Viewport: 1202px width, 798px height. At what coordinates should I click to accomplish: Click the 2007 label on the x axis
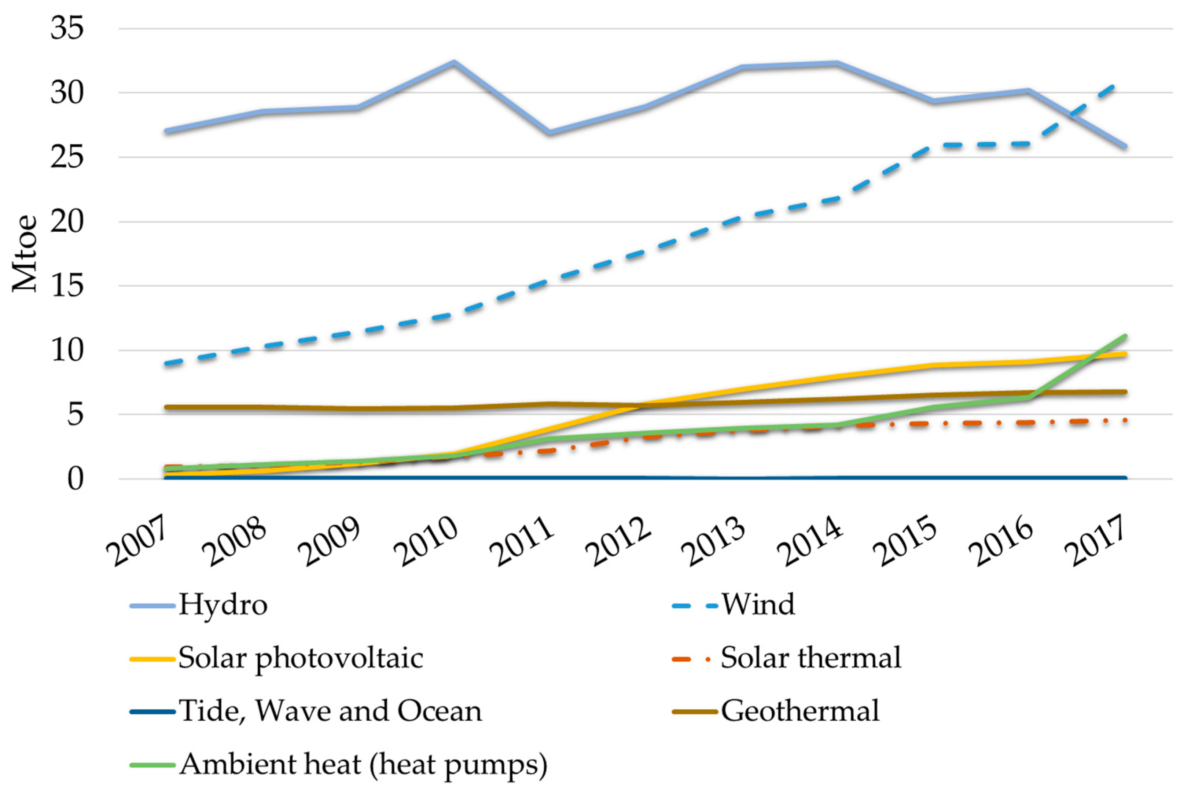pos(136,540)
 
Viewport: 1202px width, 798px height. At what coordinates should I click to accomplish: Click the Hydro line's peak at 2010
pos(453,63)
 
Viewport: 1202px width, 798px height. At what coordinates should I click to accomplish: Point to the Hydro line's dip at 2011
pos(549,133)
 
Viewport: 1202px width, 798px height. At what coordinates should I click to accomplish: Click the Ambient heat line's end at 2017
pos(1125,336)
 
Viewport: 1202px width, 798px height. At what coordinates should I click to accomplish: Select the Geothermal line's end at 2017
pos(1125,392)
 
